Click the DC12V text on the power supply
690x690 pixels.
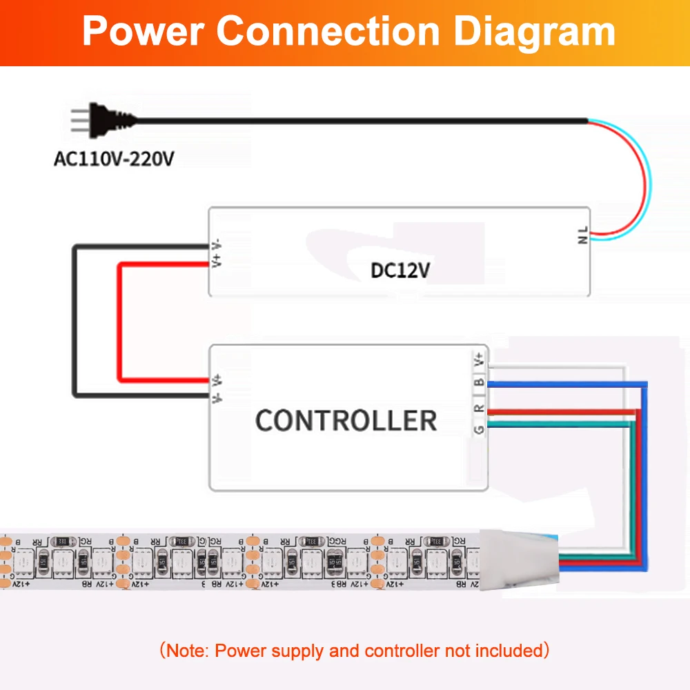coord(400,270)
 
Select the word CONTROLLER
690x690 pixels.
coord(346,420)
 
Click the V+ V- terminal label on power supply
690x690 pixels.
coord(217,253)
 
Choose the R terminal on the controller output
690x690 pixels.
coord(478,408)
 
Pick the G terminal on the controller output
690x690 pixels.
coord(478,429)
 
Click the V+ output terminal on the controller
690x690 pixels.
coord(478,359)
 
